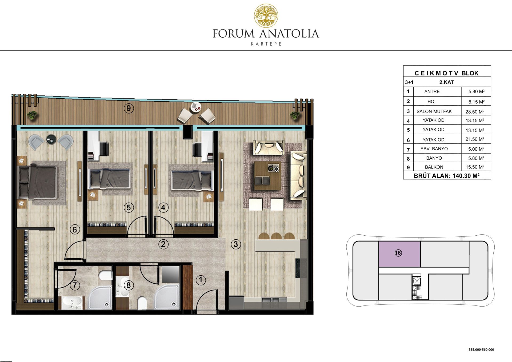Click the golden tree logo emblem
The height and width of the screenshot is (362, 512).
tap(266, 16)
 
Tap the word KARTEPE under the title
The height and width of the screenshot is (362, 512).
tap(266, 44)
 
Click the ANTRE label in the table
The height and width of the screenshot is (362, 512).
tap(432, 91)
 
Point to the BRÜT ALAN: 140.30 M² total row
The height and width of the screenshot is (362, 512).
tap(447, 176)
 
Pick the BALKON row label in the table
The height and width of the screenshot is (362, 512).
tap(434, 167)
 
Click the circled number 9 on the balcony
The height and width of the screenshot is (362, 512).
tap(129, 108)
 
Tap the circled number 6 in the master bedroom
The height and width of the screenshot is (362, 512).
tap(75, 230)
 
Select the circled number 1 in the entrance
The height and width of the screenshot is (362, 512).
tap(201, 280)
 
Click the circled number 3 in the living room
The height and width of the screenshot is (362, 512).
tap(236, 244)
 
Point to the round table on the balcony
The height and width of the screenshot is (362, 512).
tap(196, 107)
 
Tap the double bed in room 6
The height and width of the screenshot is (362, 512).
tap(37, 183)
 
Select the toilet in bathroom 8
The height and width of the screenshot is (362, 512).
tap(142, 303)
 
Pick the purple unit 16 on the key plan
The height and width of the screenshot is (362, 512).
tap(399, 254)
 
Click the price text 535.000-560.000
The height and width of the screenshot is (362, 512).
tap(481, 349)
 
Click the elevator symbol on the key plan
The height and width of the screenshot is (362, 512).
tap(416, 281)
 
